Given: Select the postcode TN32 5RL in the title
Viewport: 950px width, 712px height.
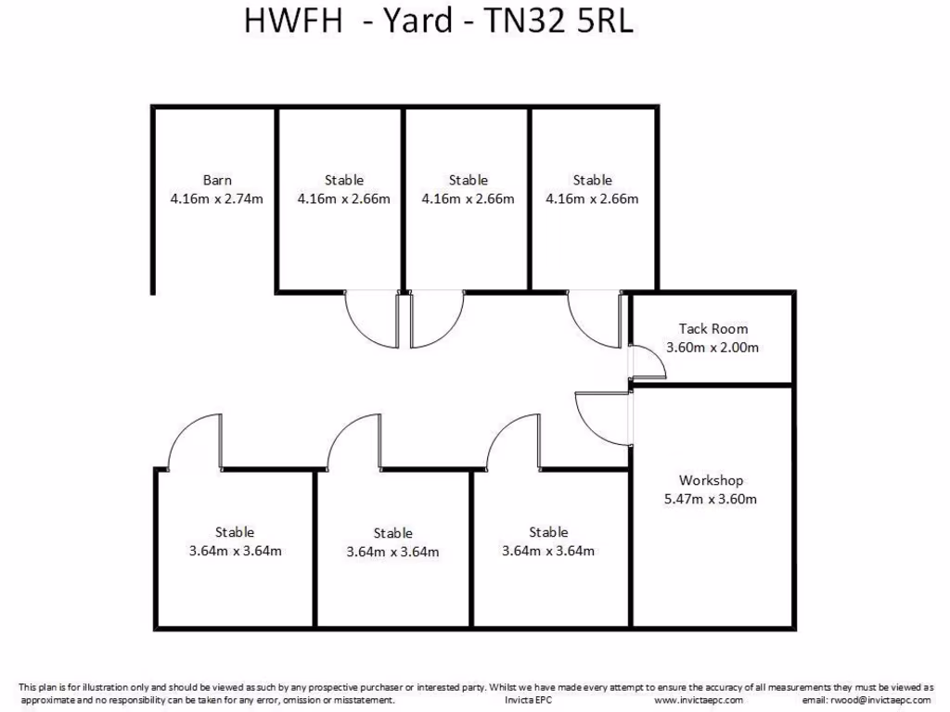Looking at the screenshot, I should tap(559, 22).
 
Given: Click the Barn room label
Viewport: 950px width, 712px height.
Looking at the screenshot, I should tap(217, 180).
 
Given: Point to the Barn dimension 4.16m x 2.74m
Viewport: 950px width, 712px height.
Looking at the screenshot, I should tap(217, 198).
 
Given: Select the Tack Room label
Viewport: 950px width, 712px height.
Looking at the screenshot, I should tap(712, 329).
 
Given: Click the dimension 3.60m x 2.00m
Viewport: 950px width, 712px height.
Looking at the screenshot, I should tap(712, 348).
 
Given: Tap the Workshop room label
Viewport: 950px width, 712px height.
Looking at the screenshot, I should tap(711, 481).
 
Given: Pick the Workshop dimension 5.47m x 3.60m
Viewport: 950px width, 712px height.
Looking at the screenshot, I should tap(711, 500).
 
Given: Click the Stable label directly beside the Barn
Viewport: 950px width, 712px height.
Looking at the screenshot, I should tap(344, 180).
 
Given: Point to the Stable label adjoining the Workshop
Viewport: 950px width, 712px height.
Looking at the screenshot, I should tap(548, 532).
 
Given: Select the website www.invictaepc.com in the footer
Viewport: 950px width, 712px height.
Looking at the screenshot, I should tap(699, 700).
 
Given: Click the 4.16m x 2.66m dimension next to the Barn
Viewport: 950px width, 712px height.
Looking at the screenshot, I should tap(344, 198).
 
